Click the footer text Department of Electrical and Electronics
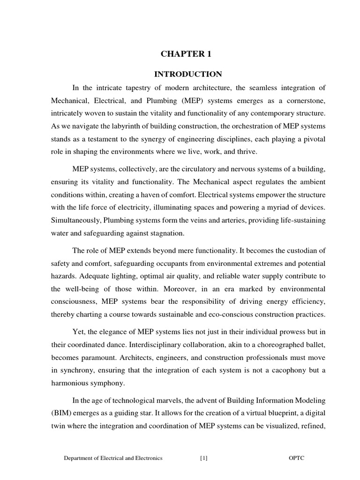tap(113, 458)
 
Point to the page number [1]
tap(203, 458)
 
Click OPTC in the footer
tap(296, 458)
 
